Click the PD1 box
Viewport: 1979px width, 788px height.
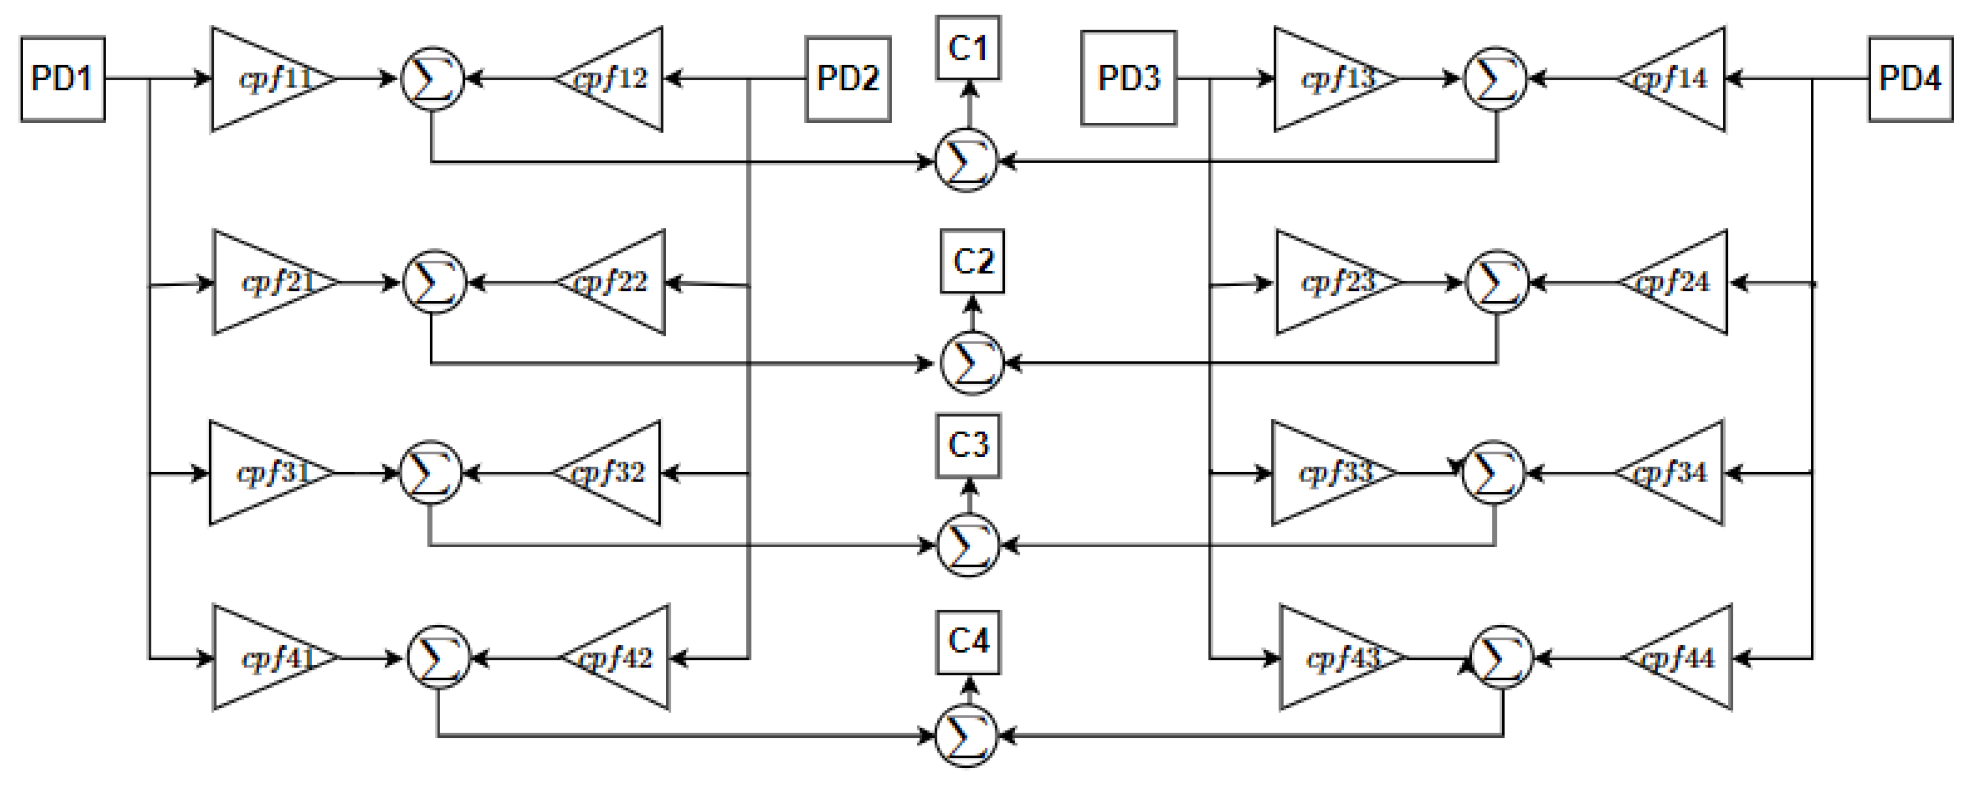tap(62, 78)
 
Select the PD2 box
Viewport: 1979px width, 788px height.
tap(848, 78)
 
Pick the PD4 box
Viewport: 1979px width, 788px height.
tap(1910, 78)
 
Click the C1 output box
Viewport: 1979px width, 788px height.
tap(968, 47)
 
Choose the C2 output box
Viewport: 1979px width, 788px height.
tap(972, 261)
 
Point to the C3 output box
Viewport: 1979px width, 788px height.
tap(968, 445)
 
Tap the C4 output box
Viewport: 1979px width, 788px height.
tap(968, 642)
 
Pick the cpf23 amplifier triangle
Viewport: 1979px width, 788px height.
tap(1329, 283)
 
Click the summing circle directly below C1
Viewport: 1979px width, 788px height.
tap(967, 161)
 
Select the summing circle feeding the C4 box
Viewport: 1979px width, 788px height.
tap(967, 736)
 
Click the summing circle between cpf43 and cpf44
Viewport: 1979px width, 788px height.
tap(1501, 658)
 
